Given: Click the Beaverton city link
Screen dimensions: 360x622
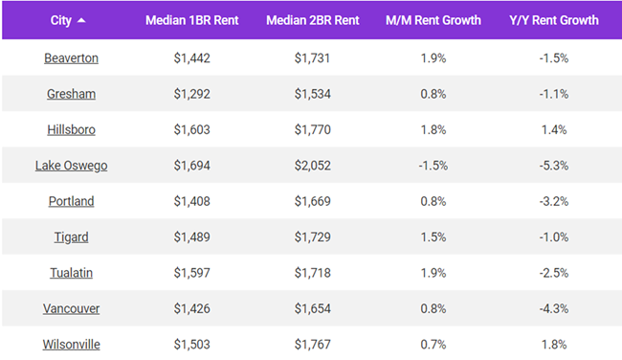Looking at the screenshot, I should tap(71, 58).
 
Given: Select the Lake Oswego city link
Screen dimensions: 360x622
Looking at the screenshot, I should tap(71, 166).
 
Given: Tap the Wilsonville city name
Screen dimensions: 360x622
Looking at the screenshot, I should tap(71, 345).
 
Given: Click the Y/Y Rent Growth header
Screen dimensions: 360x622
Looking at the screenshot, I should tap(553, 20).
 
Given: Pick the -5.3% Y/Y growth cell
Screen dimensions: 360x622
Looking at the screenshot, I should tap(553, 166).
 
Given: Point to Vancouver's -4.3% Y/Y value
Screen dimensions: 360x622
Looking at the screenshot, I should tap(553, 309).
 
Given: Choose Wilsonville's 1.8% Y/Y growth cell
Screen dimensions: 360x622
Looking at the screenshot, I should tap(553, 345).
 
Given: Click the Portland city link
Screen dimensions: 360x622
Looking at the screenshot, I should tap(71, 202).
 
